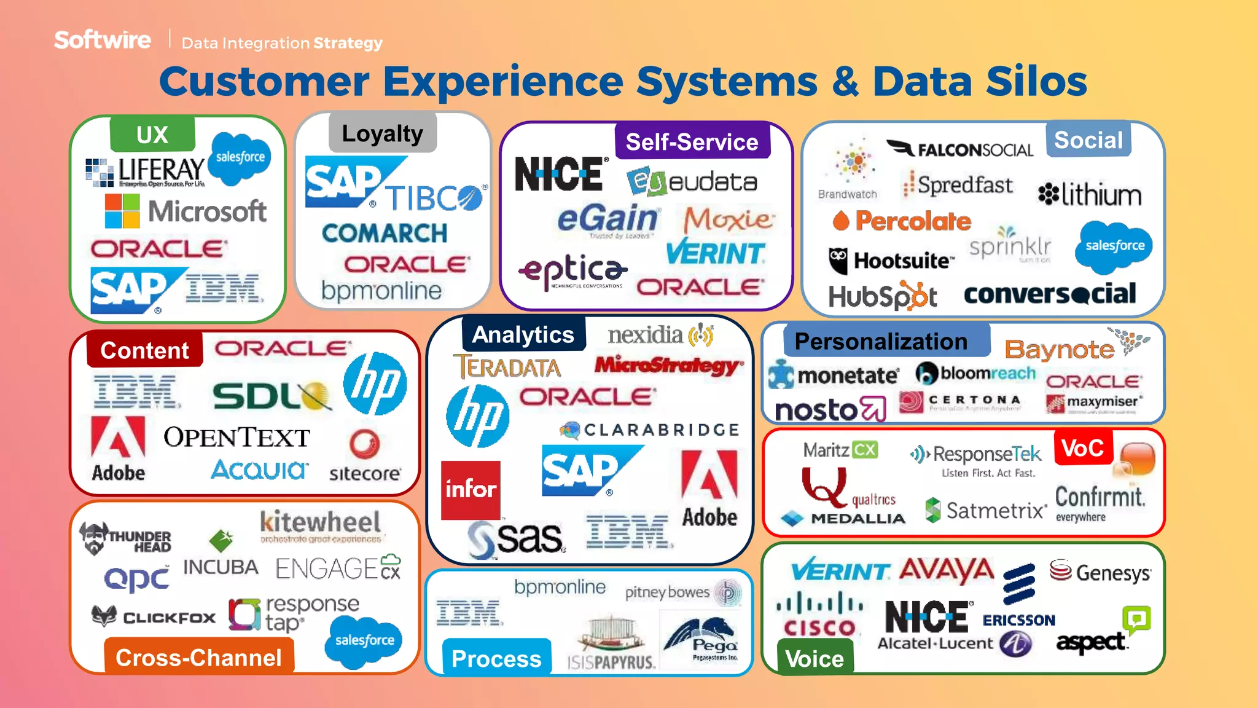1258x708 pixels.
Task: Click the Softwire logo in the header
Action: [x=103, y=40]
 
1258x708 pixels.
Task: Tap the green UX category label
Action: [x=152, y=135]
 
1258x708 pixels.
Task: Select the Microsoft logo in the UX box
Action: [x=186, y=211]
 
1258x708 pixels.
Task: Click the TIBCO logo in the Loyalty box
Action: [x=436, y=198]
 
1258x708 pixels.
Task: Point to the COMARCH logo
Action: [x=385, y=233]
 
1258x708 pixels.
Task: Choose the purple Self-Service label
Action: [x=692, y=142]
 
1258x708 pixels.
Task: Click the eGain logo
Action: [x=608, y=219]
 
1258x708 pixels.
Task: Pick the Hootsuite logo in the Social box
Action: [x=891, y=261]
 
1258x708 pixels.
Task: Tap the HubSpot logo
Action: [x=883, y=297]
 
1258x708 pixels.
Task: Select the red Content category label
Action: [x=144, y=350]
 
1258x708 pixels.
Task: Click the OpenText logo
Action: [x=236, y=437]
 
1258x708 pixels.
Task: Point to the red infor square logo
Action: [x=471, y=490]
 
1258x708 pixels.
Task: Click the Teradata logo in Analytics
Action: [x=507, y=368]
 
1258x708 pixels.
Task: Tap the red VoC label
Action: [x=1082, y=448]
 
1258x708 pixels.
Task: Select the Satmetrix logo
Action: [x=985, y=510]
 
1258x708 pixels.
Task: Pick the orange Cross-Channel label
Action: [x=198, y=658]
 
